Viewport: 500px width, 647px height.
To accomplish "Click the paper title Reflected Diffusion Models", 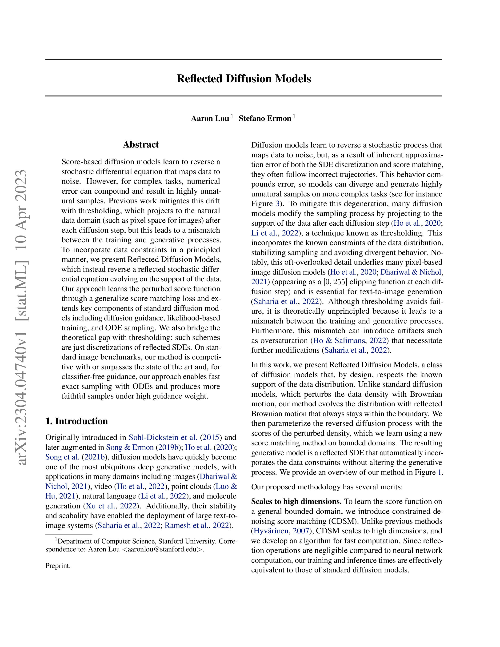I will tap(244, 79).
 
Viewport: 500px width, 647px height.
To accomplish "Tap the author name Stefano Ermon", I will tap(265, 119).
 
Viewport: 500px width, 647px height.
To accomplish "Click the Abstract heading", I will tap(141, 144).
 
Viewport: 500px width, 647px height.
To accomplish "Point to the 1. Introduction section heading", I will tap(76, 421).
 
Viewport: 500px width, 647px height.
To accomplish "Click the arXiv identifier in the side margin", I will tap(23, 317).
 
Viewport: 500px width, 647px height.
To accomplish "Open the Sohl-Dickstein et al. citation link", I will tap(163, 438).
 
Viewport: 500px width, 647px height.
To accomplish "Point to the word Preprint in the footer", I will tap(58, 566).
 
